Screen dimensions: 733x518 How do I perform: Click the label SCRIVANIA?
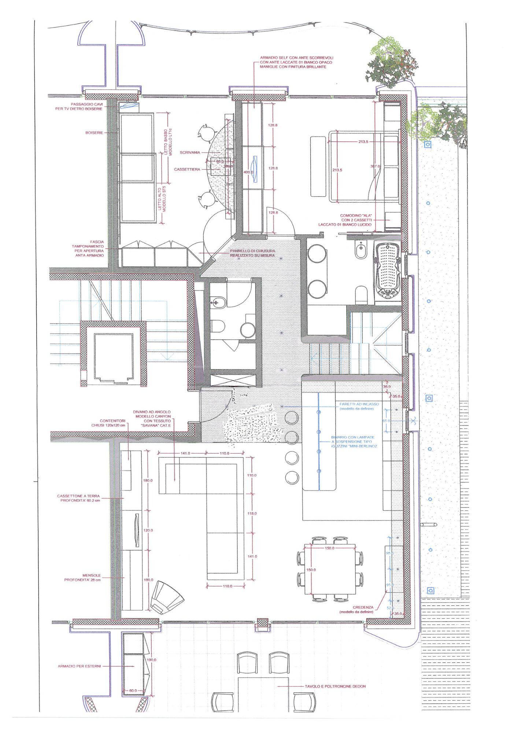[190, 152]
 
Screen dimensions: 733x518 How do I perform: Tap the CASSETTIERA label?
[187, 170]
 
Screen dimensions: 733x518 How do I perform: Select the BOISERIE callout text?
[94, 133]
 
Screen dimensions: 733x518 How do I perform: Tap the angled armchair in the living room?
[167, 597]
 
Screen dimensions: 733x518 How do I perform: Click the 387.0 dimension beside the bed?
[375, 166]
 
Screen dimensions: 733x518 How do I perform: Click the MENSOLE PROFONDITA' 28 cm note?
[82, 578]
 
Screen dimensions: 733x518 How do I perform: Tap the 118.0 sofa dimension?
[252, 513]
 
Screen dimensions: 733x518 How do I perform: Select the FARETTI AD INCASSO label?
[359, 404]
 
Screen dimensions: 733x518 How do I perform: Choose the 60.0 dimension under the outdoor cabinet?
[133, 690]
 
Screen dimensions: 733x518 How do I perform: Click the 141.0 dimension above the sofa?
[185, 453]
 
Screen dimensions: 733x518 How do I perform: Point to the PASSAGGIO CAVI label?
[87, 106]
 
